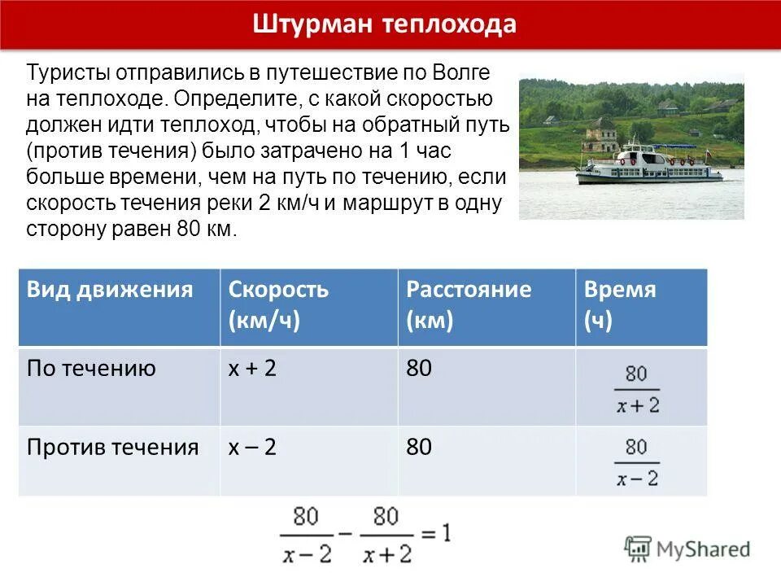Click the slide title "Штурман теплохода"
coord(384,24)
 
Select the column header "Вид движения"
coord(110,291)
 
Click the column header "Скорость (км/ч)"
coord(278,305)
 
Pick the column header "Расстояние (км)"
coord(469,305)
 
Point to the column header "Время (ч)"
coord(620,305)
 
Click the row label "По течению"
coord(91,370)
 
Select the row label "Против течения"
coord(112,447)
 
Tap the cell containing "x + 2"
coord(252,370)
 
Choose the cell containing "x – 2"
coord(252,447)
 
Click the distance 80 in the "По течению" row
coord(419,370)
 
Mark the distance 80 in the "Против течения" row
coord(419,447)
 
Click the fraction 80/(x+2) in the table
coord(637,390)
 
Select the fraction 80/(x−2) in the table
coord(637,462)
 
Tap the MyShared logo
coord(687,549)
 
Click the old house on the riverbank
coord(603,133)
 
